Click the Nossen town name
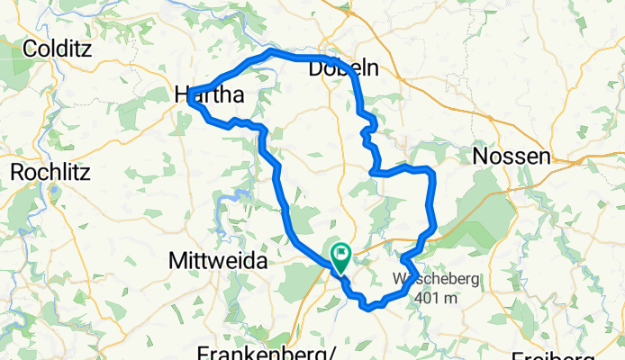tap(511, 157)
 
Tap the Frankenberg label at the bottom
tap(265, 352)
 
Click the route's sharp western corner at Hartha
tap(190, 100)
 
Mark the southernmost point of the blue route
tap(368, 309)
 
